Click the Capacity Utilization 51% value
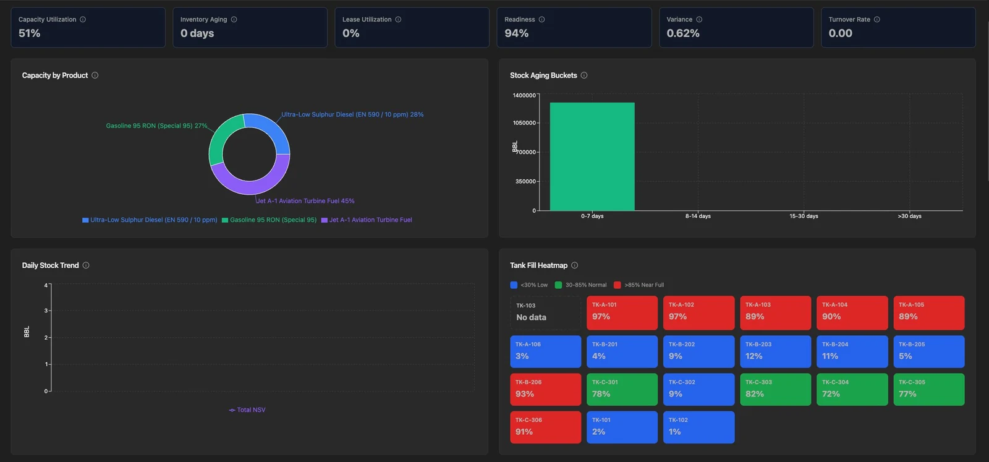click(x=29, y=33)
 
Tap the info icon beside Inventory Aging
click(x=234, y=19)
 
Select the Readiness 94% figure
click(x=517, y=33)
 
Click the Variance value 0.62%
click(x=683, y=33)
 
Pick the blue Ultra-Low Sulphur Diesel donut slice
click(x=274, y=130)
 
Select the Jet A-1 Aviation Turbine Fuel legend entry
click(x=367, y=220)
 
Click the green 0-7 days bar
click(x=592, y=156)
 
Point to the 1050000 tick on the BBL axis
click(x=524, y=123)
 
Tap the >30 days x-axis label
click(x=909, y=216)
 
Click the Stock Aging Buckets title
click(x=543, y=75)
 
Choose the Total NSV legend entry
click(x=247, y=410)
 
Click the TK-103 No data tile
click(x=545, y=313)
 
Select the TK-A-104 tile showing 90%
click(x=852, y=313)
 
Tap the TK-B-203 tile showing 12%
click(x=775, y=351)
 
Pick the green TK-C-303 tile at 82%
click(x=775, y=390)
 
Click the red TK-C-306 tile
click(x=545, y=427)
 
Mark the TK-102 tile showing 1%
click(x=698, y=427)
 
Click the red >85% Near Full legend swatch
click(x=618, y=285)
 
